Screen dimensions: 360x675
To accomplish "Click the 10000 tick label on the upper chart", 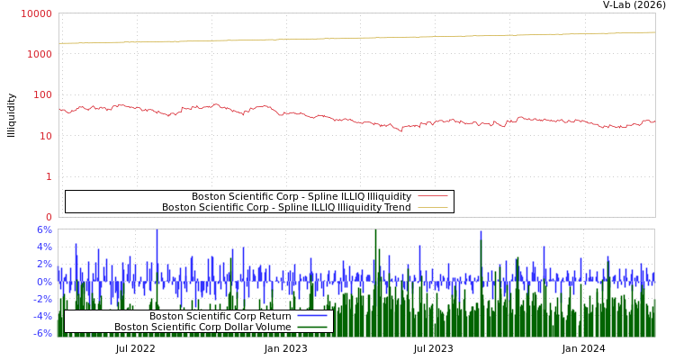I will click(36, 13).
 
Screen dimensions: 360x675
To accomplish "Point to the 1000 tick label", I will click(40, 54).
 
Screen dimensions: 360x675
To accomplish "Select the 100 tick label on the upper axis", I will click(42, 94).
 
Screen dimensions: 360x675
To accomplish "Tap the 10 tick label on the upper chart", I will click(45, 136).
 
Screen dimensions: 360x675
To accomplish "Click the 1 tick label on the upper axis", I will click(49, 176).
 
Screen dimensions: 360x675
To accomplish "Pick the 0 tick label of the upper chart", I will click(49, 217).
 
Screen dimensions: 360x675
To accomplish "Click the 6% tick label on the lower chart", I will click(44, 229).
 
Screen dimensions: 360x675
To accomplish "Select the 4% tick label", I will click(44, 247).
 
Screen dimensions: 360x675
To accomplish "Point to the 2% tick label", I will click(44, 264).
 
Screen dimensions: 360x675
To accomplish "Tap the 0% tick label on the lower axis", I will click(44, 282).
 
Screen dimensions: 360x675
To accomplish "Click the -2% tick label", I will click(42, 299).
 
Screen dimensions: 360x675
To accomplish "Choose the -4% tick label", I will click(42, 316).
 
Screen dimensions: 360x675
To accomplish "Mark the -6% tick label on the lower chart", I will click(42, 333).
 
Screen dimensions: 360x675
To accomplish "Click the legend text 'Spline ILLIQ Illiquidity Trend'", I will click(286, 208).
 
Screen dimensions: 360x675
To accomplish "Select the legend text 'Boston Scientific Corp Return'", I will click(220, 316).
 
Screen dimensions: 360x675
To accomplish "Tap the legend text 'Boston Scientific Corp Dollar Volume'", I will click(202, 328).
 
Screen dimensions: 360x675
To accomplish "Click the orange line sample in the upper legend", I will click(433, 208).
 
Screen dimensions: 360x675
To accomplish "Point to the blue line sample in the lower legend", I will click(312, 316).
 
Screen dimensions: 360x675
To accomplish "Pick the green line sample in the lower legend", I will click(312, 328).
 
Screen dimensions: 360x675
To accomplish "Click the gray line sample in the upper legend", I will click(433, 196).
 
